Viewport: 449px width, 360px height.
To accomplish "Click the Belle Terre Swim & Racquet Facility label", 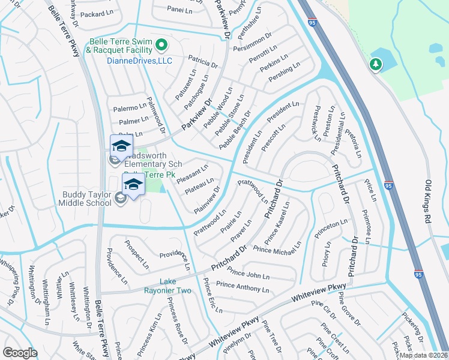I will (x=120, y=46).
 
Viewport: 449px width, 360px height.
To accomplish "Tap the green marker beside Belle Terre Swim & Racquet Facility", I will (x=161, y=45).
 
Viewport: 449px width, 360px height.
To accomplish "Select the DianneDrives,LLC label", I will (x=139, y=61).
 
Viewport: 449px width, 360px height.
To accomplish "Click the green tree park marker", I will (x=376, y=64).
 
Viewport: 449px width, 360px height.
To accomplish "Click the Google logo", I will (x=20, y=353).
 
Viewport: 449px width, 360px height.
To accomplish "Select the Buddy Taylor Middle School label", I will (x=87, y=199).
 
